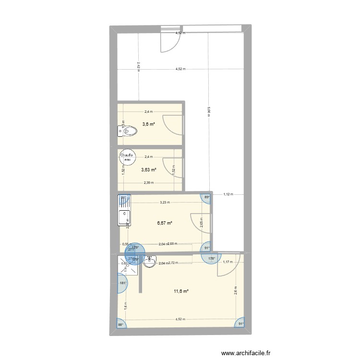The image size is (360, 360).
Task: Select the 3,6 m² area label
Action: (148, 124)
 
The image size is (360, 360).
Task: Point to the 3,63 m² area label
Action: (148, 169)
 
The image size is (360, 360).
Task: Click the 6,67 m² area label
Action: (165, 222)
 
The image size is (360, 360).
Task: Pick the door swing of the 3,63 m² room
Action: (170, 166)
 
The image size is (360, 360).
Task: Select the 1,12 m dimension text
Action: (228, 194)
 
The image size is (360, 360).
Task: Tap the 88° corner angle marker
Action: (120, 325)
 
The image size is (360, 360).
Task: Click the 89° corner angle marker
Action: (206, 197)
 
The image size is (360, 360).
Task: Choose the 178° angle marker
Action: (211, 259)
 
